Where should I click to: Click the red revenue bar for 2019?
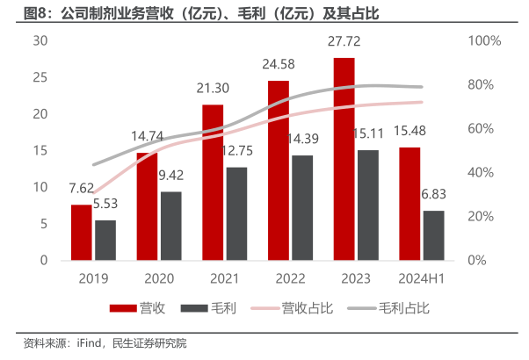81,233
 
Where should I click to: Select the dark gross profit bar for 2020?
170,227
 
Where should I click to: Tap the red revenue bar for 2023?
344,159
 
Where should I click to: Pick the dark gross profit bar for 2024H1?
433,235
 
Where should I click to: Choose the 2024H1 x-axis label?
421,277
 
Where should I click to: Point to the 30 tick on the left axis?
40,41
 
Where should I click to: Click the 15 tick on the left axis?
40,151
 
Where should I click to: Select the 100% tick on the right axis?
484,41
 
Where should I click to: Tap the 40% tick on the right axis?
481,173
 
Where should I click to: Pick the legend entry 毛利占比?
403,308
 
